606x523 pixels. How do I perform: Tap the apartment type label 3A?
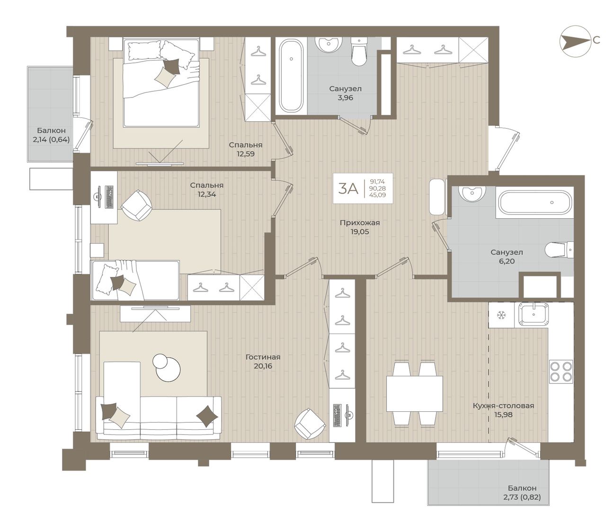click(x=348, y=188)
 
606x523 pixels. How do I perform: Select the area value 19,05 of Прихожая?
click(x=360, y=232)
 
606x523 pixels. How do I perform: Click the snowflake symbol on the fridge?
click(x=502, y=315)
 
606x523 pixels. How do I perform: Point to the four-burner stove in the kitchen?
click(x=561, y=371)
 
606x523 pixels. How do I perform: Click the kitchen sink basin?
click(x=534, y=314)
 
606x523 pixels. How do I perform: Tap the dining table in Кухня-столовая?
click(x=414, y=393)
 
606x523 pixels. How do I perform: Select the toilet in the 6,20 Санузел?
click(x=559, y=250)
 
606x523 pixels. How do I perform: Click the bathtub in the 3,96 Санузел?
click(x=291, y=75)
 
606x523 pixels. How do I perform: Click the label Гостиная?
click(x=263, y=357)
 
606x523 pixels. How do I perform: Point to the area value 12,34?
click(x=206, y=194)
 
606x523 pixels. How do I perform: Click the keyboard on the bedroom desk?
click(x=110, y=197)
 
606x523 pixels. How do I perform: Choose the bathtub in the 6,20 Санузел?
click(x=535, y=202)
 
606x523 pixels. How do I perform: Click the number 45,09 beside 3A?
click(x=378, y=195)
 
